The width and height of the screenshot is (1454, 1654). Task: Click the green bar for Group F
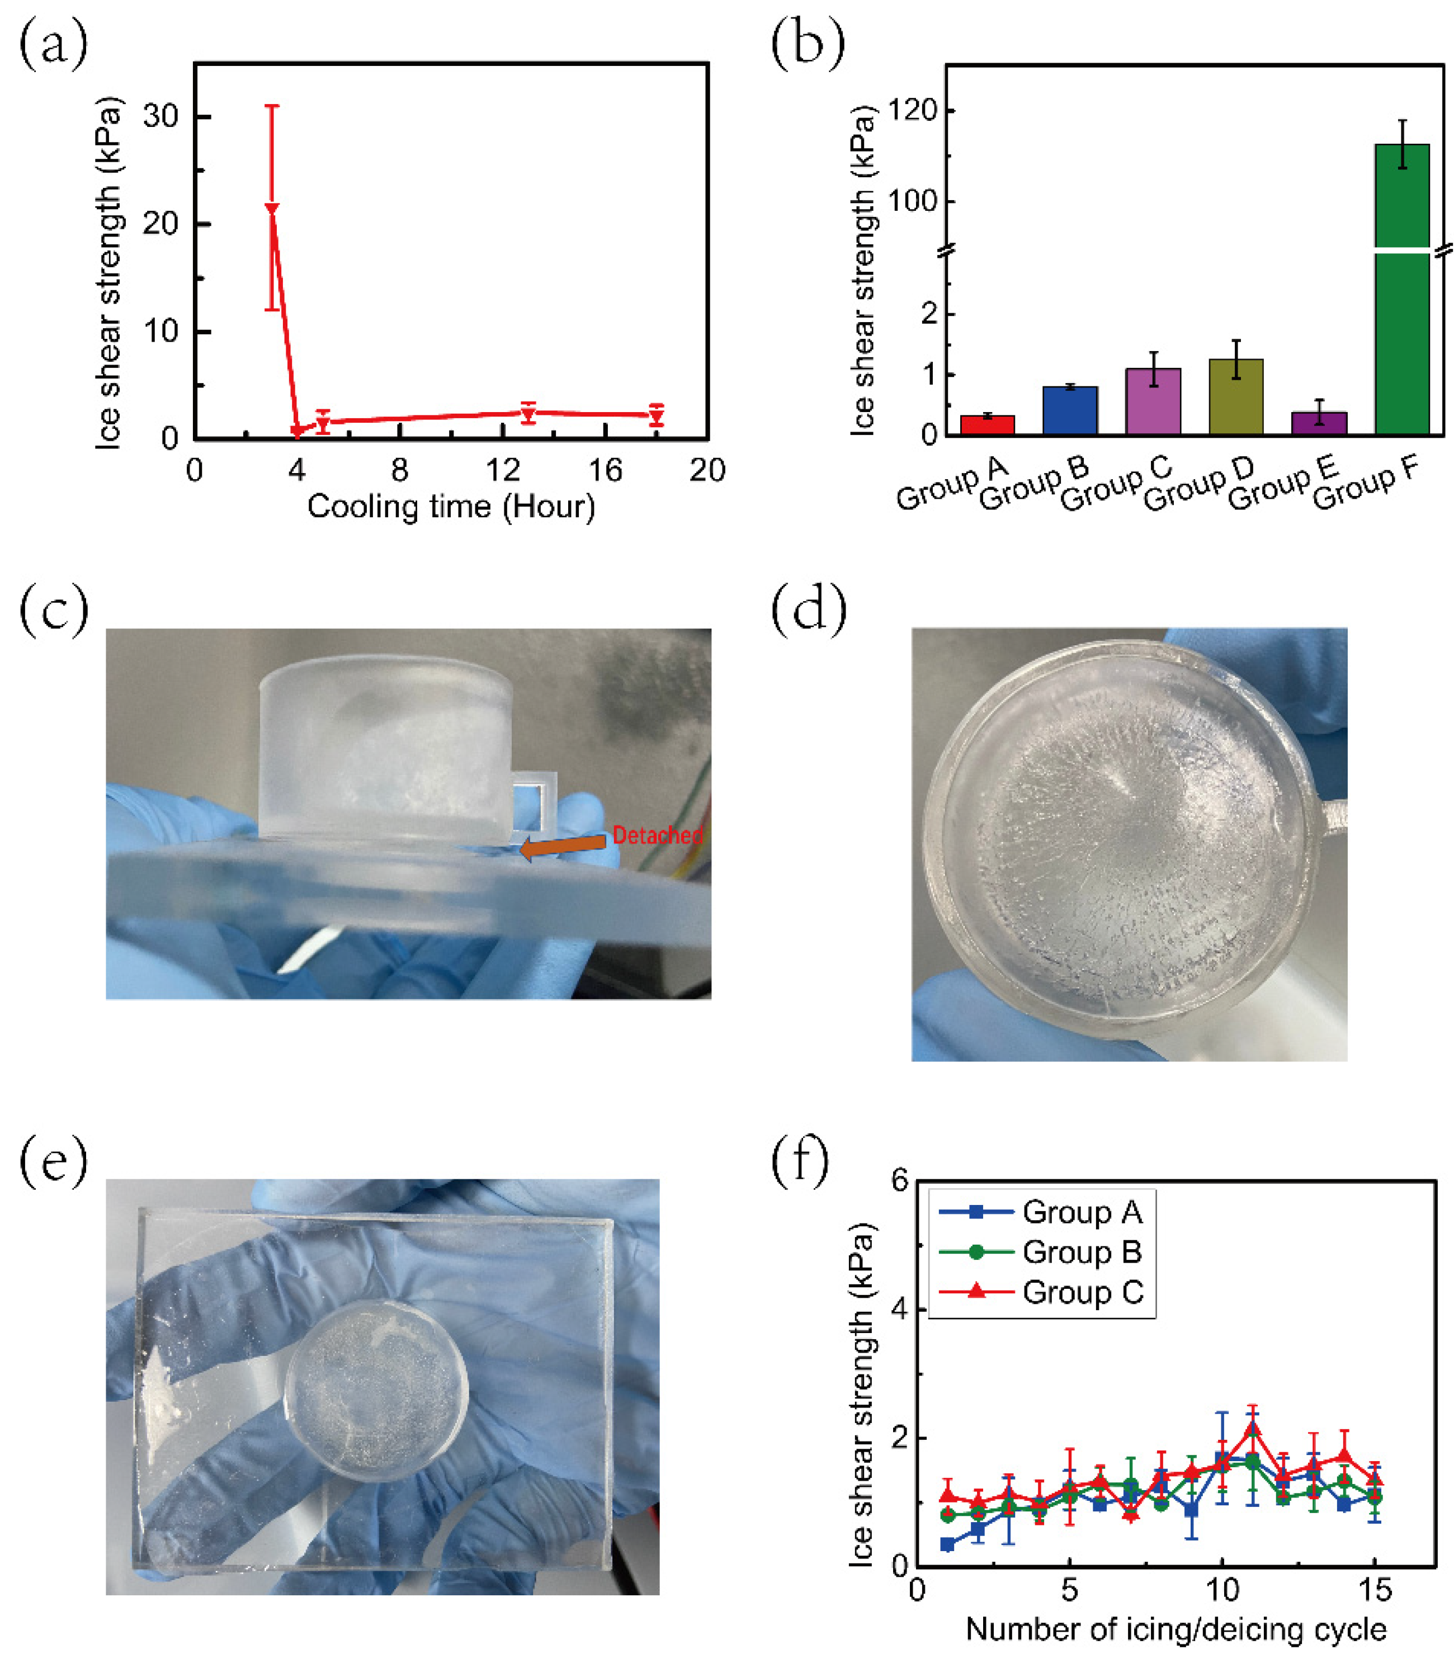coord(1401,324)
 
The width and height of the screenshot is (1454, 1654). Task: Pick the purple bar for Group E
coord(1319,423)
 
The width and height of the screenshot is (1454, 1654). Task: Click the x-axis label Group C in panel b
coord(1117,483)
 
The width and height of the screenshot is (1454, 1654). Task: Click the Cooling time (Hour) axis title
coord(451,507)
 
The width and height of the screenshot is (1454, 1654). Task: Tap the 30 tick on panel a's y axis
coord(160,116)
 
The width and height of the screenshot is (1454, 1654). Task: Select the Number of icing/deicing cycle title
coord(1176,1629)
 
